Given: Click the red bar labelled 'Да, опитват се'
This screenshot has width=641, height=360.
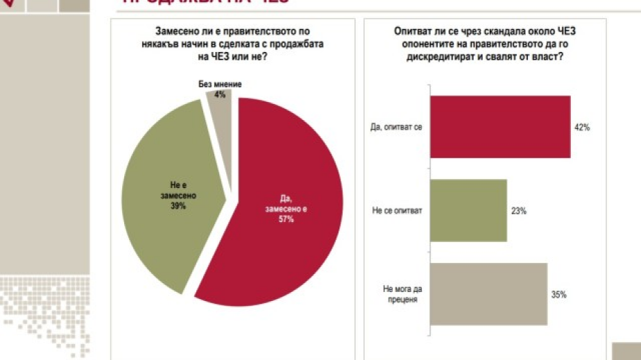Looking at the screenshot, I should [x=499, y=127].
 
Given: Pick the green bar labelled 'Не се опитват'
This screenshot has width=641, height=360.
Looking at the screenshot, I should [x=468, y=210].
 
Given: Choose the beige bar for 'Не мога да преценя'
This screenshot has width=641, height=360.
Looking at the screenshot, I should [x=488, y=293].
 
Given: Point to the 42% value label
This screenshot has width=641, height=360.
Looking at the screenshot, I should [x=581, y=128].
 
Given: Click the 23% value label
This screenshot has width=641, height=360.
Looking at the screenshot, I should [x=518, y=211].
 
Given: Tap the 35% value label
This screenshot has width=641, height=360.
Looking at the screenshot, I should [x=559, y=294].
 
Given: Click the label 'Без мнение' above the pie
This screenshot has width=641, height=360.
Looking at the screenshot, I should [x=220, y=85].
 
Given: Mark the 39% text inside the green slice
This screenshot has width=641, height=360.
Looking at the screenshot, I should [x=178, y=206].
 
